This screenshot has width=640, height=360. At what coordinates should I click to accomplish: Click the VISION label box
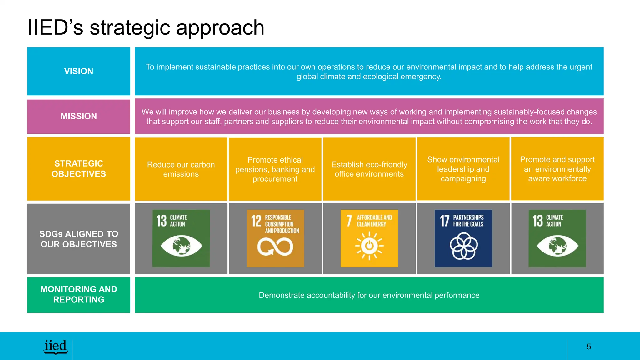coord(79,71)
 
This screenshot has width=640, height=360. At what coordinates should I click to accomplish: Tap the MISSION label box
coord(79,116)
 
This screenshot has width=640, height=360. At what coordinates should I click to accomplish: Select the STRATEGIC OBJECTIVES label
coord(79,169)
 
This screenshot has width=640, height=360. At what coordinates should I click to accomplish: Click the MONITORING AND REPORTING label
coord(79,294)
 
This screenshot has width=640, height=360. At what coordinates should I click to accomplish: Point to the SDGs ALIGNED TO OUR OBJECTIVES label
coord(79,239)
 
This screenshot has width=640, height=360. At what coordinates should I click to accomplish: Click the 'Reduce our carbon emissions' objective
coord(181,169)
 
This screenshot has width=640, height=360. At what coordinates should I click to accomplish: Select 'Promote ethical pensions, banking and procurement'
coord(275,169)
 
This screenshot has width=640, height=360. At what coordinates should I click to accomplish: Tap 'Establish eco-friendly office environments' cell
coord(369,169)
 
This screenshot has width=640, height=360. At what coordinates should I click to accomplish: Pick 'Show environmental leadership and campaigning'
coord(463,169)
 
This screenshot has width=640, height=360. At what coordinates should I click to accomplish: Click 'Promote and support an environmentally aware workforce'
coord(557,169)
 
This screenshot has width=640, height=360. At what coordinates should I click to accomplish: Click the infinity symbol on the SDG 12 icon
coord(275,247)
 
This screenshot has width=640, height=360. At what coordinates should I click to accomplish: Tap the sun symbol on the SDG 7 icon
coord(369,246)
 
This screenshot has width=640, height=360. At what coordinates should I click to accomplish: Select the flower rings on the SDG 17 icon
coord(463,246)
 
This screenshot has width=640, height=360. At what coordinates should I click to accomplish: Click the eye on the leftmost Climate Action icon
coord(181,246)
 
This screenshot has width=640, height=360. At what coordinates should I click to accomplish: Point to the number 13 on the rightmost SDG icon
coord(537,221)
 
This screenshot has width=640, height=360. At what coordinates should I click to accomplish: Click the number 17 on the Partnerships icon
coord(444,221)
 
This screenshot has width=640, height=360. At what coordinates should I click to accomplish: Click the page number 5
coord(589,347)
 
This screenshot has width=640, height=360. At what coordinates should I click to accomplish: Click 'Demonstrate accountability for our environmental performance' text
coord(369,295)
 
